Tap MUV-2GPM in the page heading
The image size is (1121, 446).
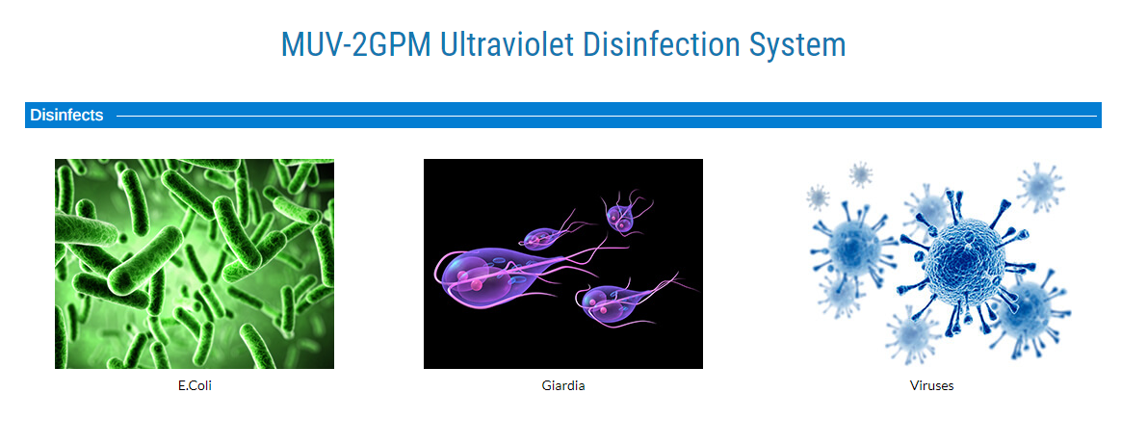356,44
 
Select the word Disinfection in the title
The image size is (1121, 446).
662,44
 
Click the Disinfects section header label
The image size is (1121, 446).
66,115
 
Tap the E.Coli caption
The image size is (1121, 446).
196,386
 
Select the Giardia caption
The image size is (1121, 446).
563,386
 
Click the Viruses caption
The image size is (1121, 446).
931,386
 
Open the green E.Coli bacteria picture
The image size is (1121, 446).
195,264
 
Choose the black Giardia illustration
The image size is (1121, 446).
563,264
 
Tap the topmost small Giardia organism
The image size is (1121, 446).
620,215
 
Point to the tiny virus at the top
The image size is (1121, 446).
860,173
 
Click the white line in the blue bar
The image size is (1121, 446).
607,115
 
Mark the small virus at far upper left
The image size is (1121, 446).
818,196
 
